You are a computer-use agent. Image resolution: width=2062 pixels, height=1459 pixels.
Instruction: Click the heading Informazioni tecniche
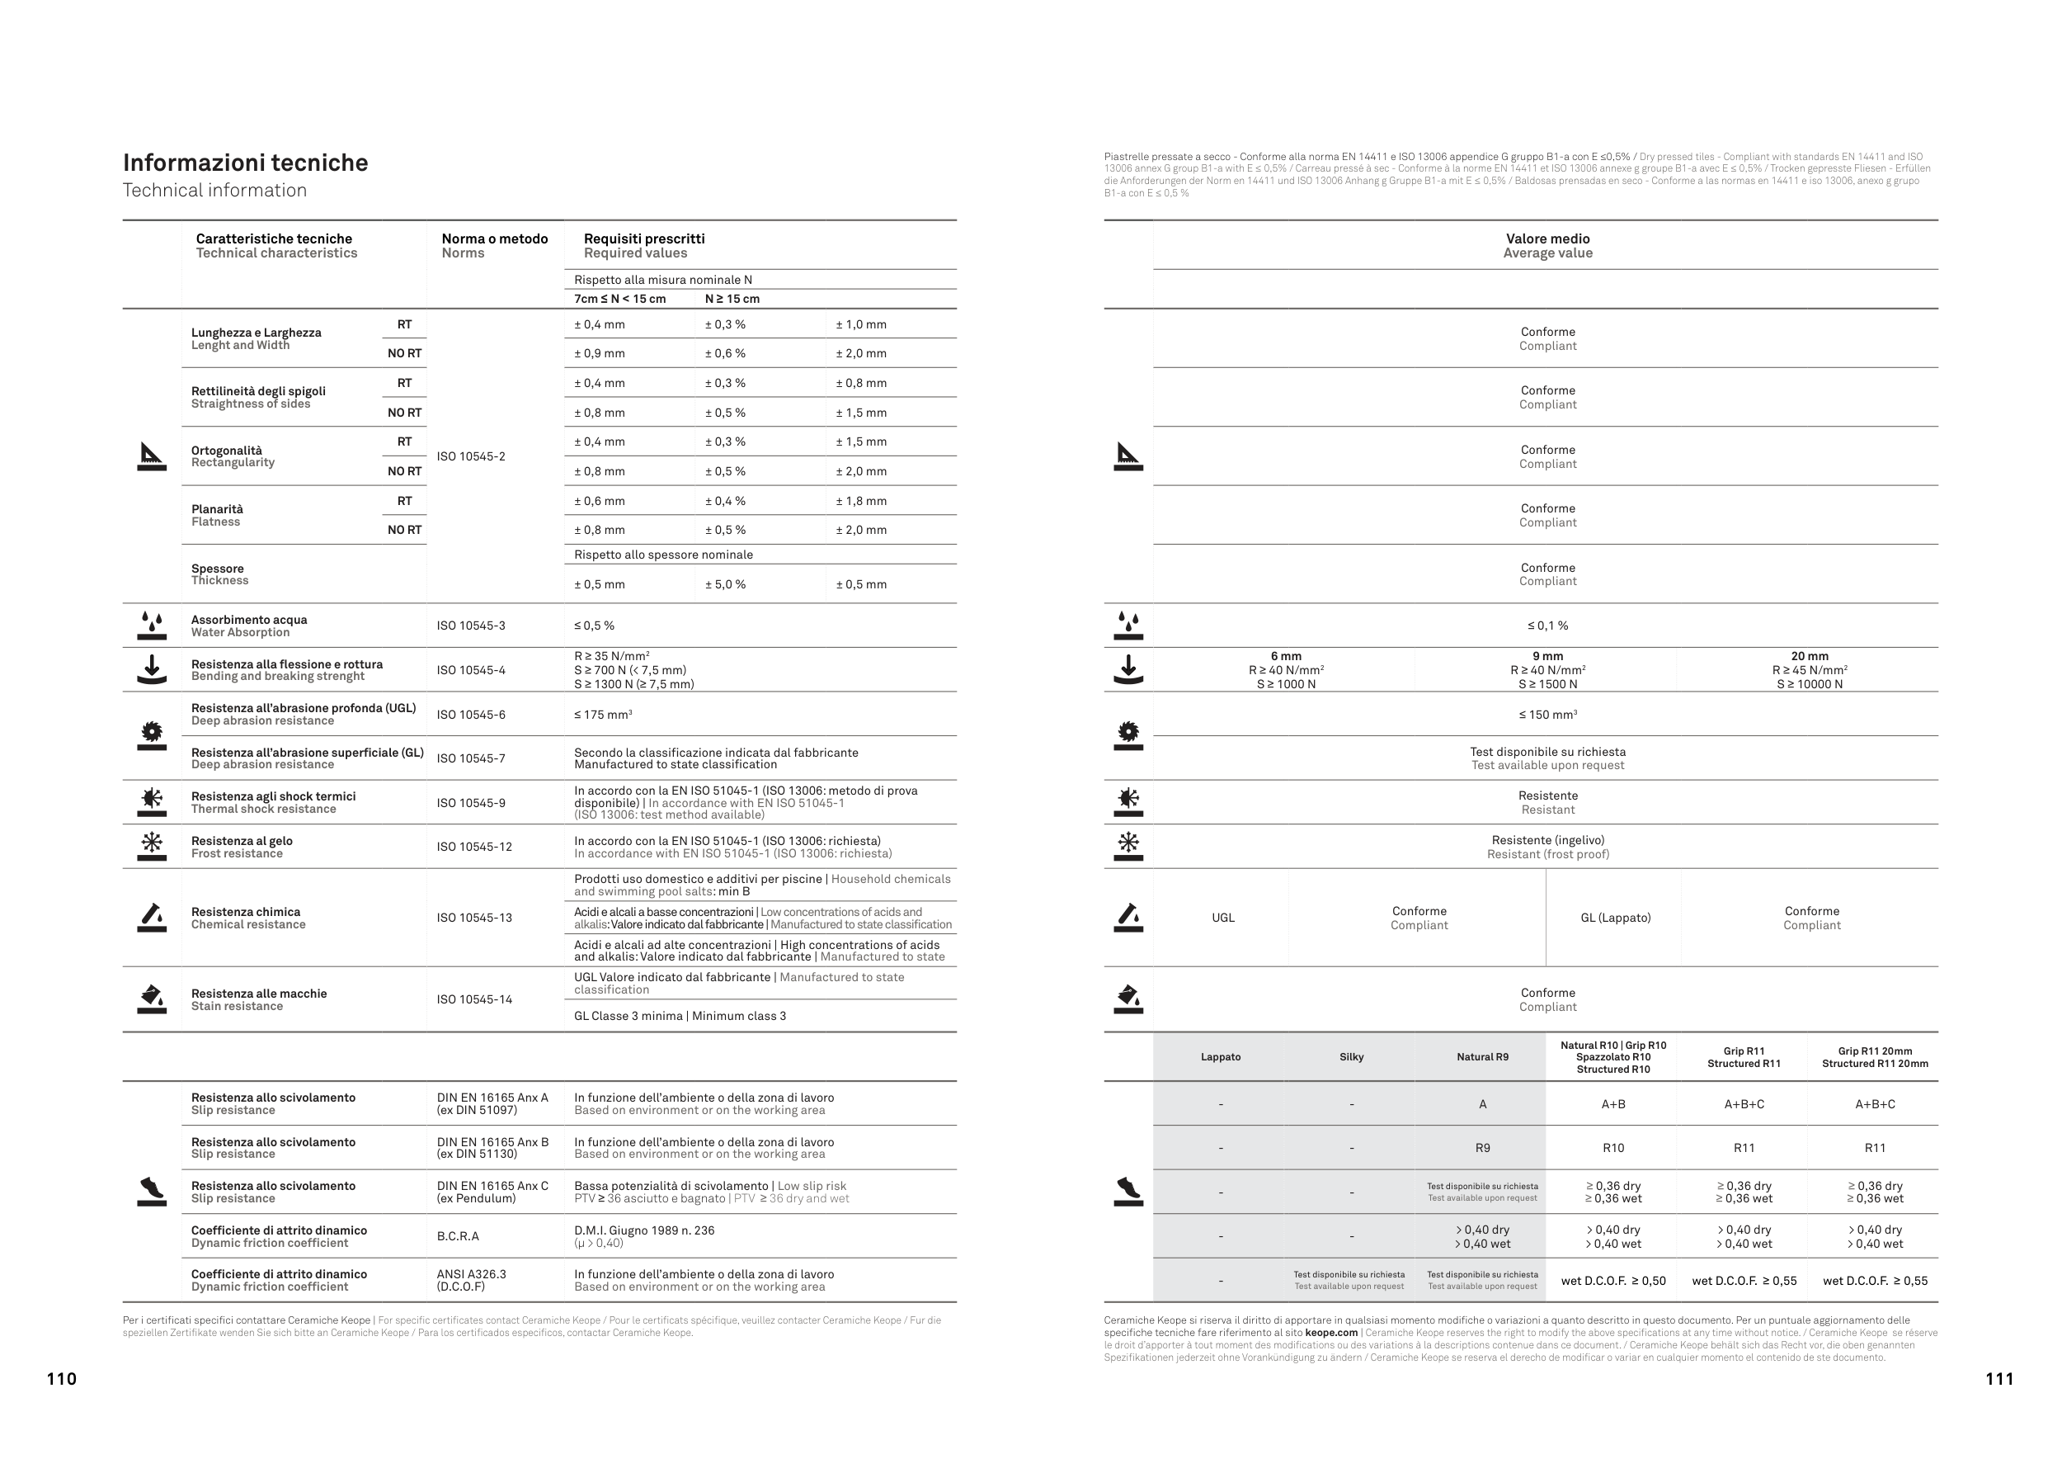245,163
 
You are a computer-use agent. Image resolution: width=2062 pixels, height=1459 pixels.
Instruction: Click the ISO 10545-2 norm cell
471,456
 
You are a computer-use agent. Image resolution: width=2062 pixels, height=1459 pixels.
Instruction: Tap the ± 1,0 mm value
860,324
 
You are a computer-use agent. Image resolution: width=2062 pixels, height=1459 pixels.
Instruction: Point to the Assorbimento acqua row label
249,620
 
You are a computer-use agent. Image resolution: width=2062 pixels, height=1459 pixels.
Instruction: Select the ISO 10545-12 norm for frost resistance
474,848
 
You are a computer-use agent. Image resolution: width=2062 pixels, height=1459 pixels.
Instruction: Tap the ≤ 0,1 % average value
1547,626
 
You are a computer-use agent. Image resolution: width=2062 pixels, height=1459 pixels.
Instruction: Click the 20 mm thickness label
1809,657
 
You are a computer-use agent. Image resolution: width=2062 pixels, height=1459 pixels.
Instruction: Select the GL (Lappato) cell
1615,918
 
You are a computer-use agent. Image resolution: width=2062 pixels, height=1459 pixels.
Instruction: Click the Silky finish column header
1351,1057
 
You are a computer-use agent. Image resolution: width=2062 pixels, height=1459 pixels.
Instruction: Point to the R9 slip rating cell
1482,1148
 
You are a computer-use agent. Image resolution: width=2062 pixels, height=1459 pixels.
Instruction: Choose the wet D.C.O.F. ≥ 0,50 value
1613,1281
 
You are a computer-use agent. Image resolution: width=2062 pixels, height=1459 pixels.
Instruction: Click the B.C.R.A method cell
458,1236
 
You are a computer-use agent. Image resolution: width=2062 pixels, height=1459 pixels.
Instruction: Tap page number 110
61,1379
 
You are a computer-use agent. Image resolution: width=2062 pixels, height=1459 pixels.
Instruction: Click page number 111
1999,1379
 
